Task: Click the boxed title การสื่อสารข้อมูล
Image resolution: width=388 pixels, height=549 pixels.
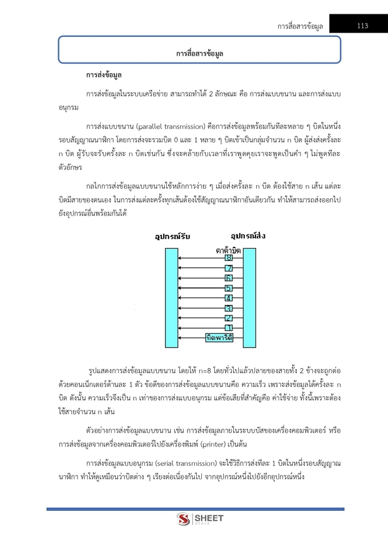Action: [199, 54]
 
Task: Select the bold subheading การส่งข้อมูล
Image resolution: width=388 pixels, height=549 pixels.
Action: [104, 76]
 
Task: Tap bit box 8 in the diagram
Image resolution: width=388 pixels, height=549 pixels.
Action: [229, 258]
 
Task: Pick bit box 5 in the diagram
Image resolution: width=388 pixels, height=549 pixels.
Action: [229, 288]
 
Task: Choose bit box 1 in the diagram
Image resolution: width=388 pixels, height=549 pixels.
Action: [229, 328]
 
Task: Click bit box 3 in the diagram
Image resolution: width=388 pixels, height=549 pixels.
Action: [229, 308]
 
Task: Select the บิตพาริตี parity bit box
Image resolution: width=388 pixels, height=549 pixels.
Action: [219, 338]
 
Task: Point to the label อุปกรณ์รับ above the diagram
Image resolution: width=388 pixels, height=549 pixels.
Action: [172, 237]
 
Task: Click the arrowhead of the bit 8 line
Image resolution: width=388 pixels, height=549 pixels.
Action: [180, 258]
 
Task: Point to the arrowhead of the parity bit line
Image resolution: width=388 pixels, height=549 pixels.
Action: [180, 338]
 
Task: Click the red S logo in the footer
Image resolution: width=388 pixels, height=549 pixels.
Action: [183, 519]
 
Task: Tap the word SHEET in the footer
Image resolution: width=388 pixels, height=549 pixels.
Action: [206, 517]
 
